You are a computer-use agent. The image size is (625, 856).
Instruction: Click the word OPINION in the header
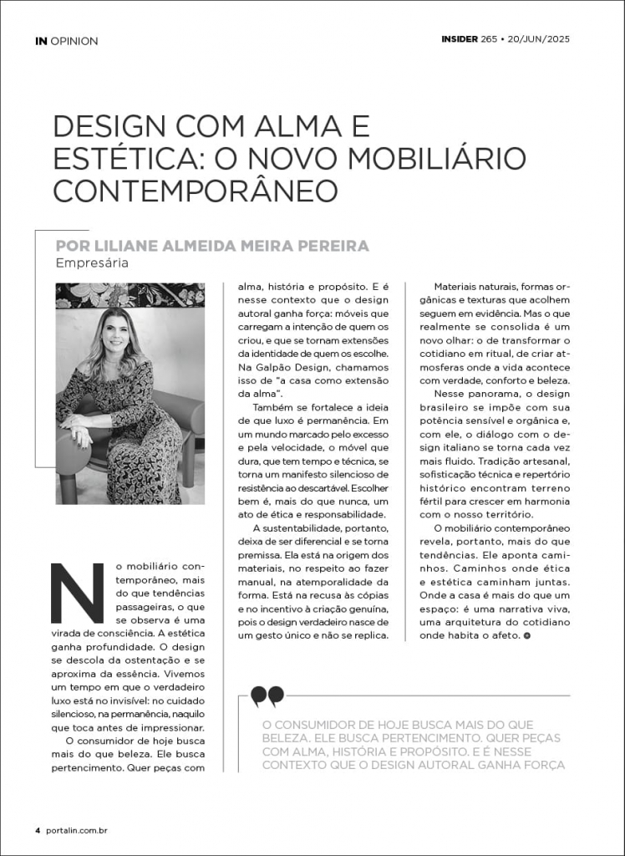(x=74, y=41)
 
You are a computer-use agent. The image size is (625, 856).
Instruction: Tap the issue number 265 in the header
(x=489, y=38)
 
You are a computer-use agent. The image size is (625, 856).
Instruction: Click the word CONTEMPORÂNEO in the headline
(x=196, y=190)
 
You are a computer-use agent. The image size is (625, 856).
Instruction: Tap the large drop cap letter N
(x=78, y=593)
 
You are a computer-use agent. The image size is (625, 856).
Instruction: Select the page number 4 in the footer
(x=38, y=831)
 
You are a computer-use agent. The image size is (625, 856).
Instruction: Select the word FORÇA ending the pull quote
(x=542, y=765)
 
